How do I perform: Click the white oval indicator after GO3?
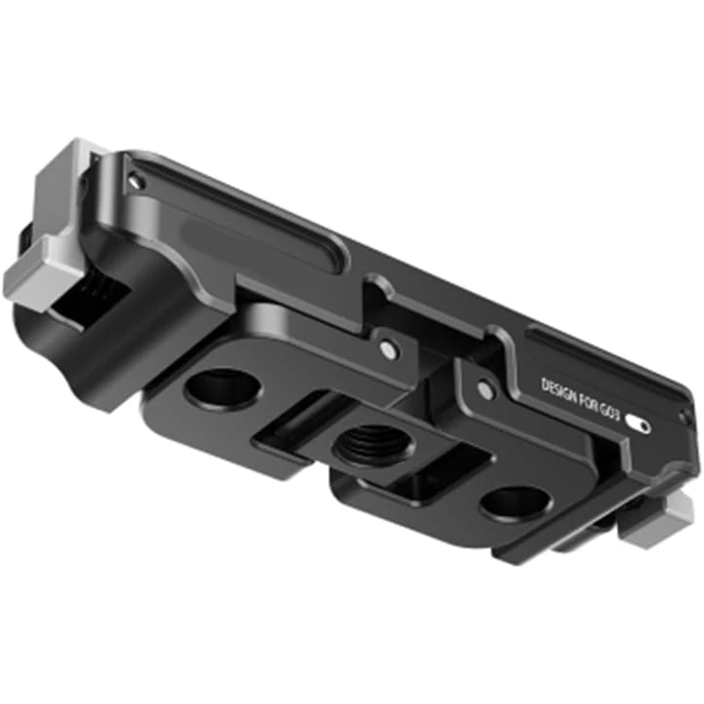640,425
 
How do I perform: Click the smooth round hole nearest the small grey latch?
515,502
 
